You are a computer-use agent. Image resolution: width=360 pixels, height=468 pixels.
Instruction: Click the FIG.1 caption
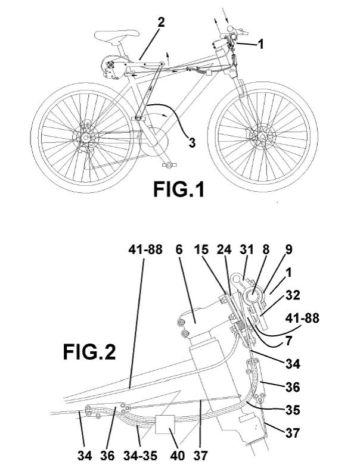tap(179, 189)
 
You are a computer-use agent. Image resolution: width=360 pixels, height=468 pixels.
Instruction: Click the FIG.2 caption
tap(89, 352)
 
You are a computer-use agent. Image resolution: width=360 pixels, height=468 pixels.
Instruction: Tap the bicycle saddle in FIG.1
tap(117, 35)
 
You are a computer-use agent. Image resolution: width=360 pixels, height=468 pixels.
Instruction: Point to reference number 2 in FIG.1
tap(161, 23)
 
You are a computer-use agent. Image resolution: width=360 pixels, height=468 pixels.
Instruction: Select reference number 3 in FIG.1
tap(192, 142)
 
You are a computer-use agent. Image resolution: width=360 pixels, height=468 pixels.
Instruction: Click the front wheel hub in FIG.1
tap(263, 136)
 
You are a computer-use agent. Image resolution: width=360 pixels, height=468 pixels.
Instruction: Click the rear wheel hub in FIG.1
tap(85, 138)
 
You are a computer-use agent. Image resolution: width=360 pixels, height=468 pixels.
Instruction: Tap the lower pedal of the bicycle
tap(169, 165)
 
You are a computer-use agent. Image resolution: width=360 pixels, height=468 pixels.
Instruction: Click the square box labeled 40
tap(165, 425)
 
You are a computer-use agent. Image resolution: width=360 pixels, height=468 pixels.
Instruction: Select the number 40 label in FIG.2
tap(178, 455)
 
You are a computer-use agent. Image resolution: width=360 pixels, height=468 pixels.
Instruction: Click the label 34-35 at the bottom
tap(140, 455)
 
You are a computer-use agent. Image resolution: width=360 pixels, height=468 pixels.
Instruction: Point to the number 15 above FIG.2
tap(201, 250)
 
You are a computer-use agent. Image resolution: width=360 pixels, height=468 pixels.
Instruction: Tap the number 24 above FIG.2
tap(224, 250)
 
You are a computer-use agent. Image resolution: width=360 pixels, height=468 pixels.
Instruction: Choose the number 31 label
tap(247, 250)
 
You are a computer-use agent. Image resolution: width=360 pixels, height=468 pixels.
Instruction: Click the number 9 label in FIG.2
tap(288, 250)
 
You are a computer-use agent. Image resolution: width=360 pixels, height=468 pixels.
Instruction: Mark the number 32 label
tap(293, 295)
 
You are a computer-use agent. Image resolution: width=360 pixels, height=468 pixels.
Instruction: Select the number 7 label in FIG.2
tap(288, 341)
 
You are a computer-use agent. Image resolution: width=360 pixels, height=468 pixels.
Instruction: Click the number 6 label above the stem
tap(179, 250)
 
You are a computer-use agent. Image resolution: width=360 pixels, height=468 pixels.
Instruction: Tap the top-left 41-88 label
tap(145, 250)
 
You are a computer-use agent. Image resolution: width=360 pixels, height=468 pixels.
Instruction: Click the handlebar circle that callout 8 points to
tap(253, 297)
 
